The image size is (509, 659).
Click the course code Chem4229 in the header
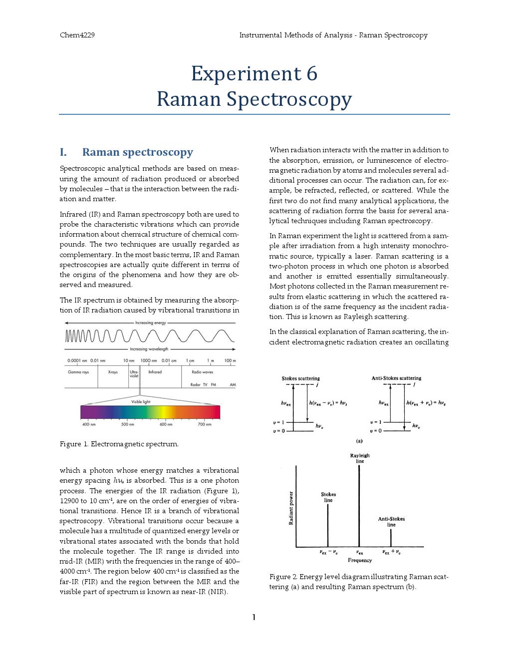tap(77, 35)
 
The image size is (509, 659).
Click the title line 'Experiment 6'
tap(254, 74)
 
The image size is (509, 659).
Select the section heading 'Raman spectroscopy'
tap(137, 152)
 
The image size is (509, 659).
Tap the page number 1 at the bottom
tap(254, 618)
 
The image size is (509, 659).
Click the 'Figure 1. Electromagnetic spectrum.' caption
tap(119, 444)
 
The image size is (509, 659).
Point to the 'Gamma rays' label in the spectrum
tap(78, 372)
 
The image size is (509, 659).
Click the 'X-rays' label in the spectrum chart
tap(113, 372)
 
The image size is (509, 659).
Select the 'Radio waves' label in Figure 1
tap(202, 372)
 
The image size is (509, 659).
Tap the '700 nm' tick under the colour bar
tap(205, 424)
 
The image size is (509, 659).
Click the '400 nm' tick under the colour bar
tap(89, 424)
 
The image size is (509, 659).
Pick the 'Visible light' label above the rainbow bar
tap(141, 401)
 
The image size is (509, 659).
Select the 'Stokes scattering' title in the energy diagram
tap(301, 378)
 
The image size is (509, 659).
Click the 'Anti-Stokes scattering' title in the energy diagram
tap(396, 378)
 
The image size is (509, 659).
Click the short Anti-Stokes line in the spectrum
tap(391, 538)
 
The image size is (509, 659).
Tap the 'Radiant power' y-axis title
tap(291, 508)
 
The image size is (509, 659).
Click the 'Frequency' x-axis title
tap(360, 560)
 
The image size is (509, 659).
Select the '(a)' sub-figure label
tap(359, 441)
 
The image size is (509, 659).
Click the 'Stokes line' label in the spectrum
tap(328, 497)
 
